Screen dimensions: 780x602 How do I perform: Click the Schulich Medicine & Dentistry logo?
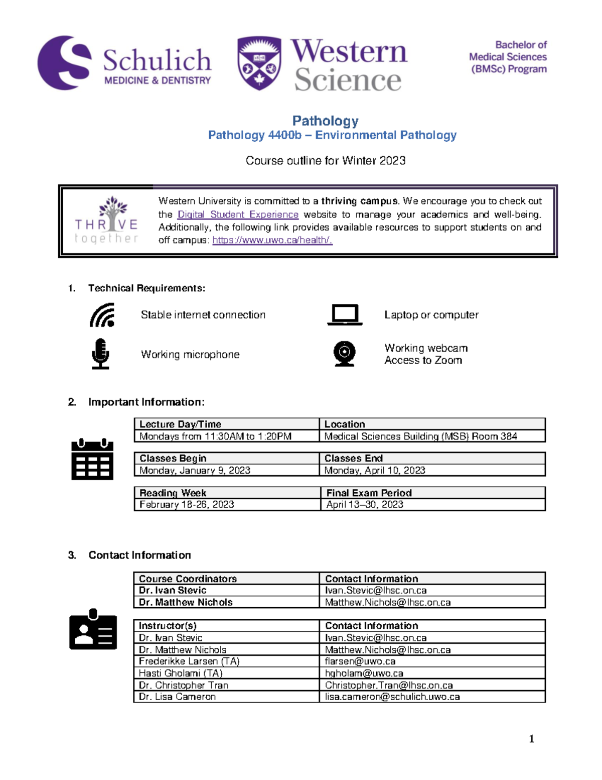point(124,63)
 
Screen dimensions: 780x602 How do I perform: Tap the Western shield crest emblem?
point(259,63)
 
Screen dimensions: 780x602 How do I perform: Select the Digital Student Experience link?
point(238,214)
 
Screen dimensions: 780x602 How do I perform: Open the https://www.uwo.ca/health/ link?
point(272,240)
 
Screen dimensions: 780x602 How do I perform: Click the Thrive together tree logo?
point(106,220)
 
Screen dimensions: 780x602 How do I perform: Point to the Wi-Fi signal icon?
point(102,315)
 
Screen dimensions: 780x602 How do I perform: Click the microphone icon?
point(100,354)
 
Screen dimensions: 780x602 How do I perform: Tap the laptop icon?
point(345,315)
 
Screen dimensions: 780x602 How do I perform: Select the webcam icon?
point(345,354)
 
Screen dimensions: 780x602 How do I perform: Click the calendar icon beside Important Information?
point(92,459)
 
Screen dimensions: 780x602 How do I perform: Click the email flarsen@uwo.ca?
point(360,661)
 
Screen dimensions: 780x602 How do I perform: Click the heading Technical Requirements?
point(146,288)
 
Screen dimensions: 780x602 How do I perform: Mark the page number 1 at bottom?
point(531,738)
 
